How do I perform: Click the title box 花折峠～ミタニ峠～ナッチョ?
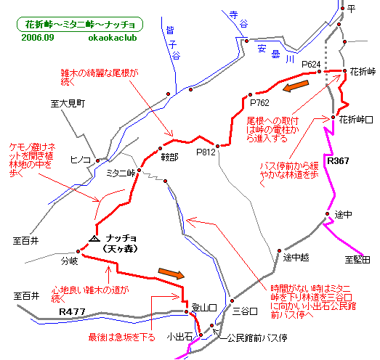click(80, 24)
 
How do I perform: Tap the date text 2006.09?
click(38, 38)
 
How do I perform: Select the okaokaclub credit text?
click(113, 38)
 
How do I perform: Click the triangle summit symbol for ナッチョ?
click(94, 239)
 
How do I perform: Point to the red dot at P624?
click(319, 71)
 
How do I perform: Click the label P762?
click(259, 103)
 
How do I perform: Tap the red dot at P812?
click(218, 146)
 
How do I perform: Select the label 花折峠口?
click(356, 119)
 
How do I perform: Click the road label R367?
click(338, 160)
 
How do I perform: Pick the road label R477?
click(72, 311)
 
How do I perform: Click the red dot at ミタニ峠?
click(139, 170)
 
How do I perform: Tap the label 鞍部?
click(169, 157)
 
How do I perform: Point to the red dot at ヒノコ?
click(97, 160)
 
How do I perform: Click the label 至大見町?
click(68, 104)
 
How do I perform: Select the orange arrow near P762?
click(296, 86)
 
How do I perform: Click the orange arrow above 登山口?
click(171, 274)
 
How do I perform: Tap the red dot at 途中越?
click(280, 250)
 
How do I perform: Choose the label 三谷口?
click(245, 311)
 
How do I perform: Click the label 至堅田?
click(357, 260)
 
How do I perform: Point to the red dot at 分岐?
click(78, 251)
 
